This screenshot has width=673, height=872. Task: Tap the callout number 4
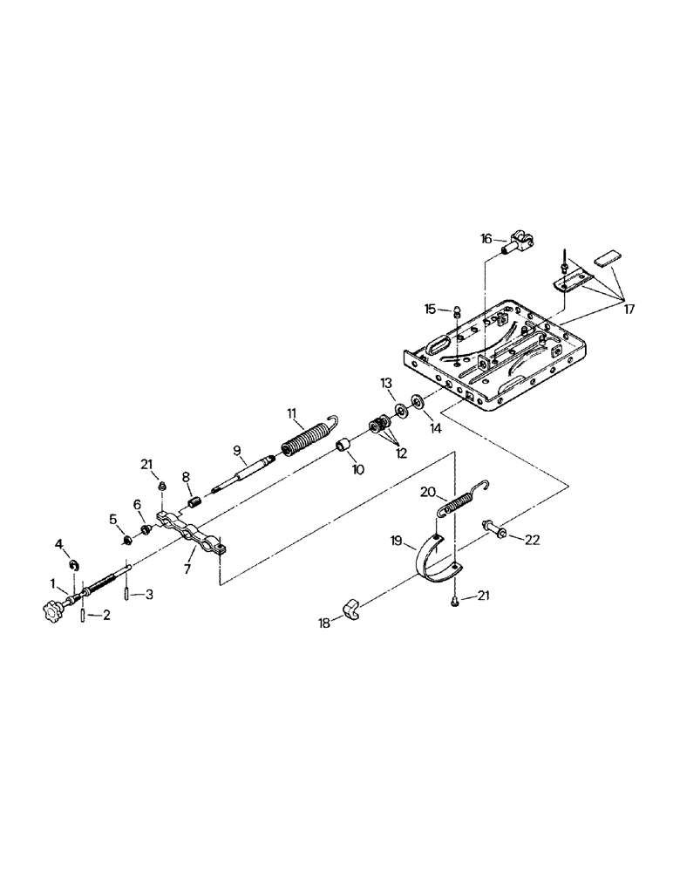59,544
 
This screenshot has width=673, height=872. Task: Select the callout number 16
487,237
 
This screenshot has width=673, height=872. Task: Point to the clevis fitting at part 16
520,247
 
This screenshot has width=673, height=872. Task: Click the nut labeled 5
126,540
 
